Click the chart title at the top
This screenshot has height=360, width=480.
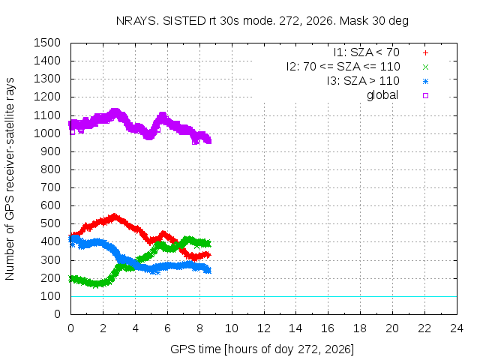[262, 21]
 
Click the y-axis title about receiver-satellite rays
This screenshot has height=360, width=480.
[10, 178]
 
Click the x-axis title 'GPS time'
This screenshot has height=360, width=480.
[262, 349]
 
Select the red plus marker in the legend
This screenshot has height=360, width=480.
[425, 53]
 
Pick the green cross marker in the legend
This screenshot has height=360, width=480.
[425, 67]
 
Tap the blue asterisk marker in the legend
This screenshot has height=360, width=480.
[425, 82]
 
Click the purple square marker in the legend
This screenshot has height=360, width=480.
[425, 95]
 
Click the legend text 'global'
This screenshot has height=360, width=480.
[382, 95]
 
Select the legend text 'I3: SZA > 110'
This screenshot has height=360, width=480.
[363, 81]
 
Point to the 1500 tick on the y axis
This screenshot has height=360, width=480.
[47, 43]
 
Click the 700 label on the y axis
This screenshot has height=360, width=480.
[50, 187]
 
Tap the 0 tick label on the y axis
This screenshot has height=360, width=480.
[57, 314]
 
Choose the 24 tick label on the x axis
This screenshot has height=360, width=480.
[457, 328]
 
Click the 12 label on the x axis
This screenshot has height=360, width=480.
[264, 328]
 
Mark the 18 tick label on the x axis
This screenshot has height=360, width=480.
[360, 328]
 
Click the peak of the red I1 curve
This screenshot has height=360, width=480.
[115, 217]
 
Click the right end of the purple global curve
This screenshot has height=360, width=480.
[209, 141]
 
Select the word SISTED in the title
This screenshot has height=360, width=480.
[184, 21]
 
